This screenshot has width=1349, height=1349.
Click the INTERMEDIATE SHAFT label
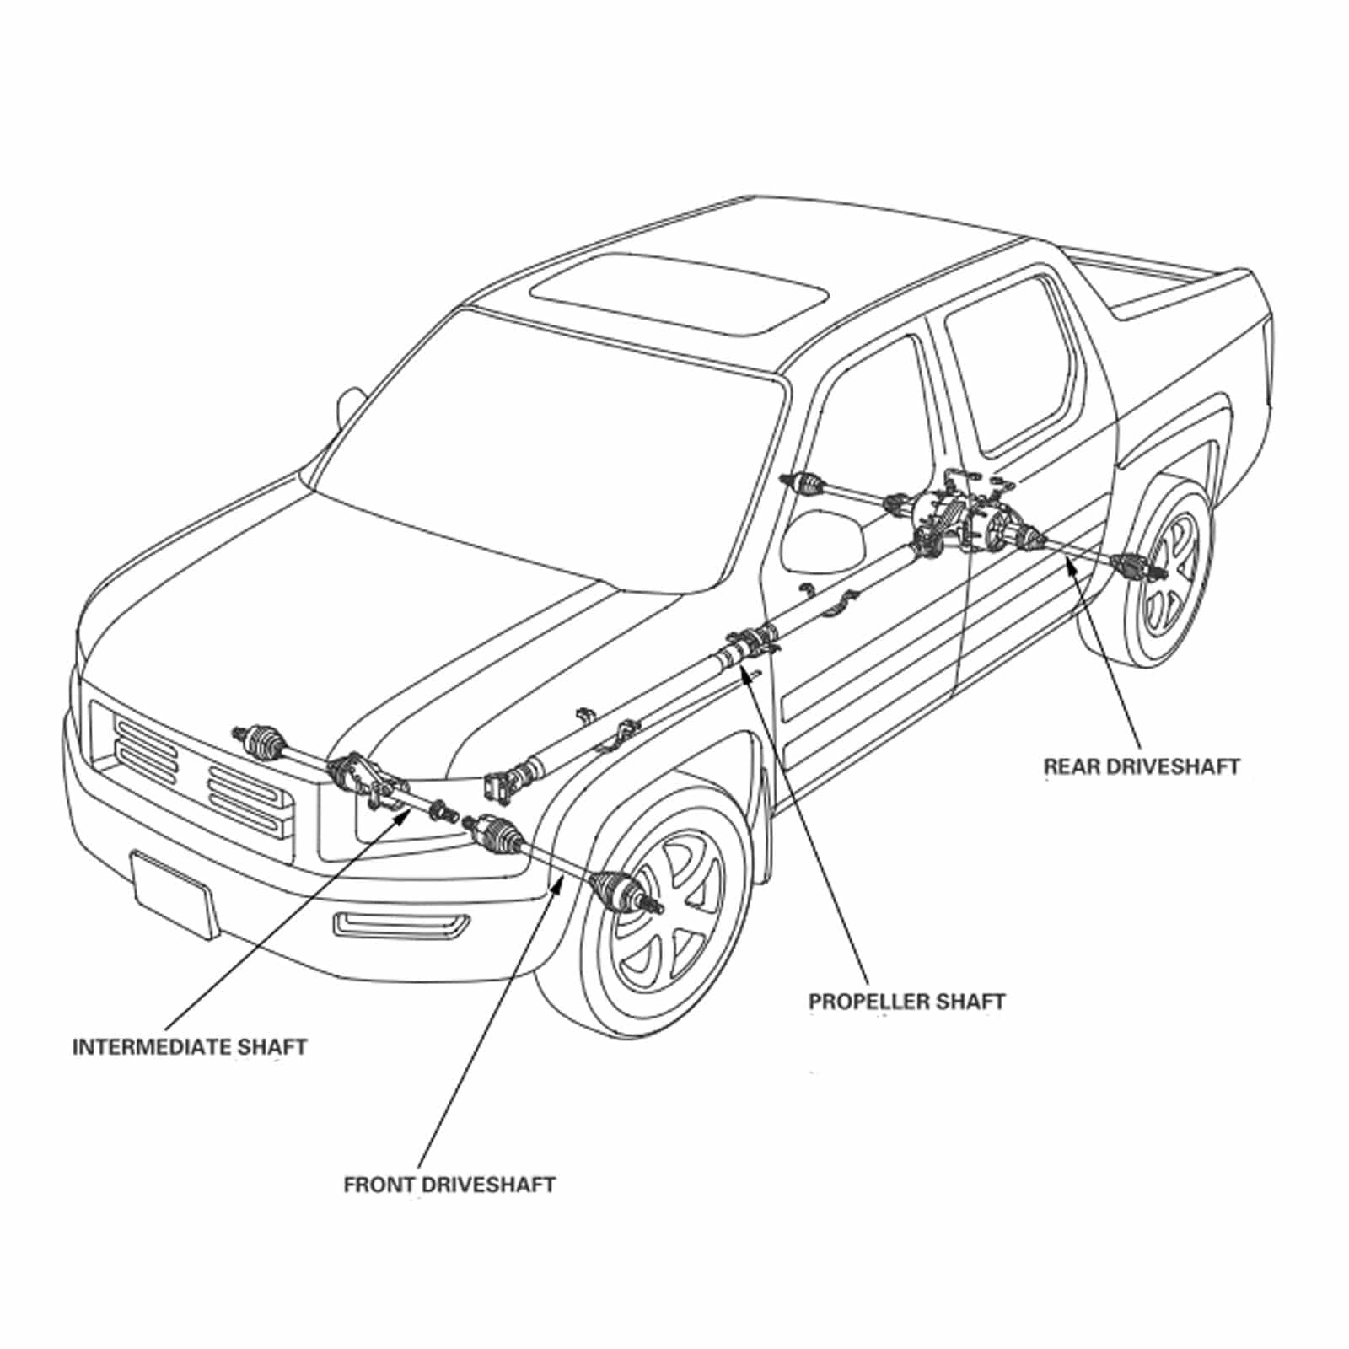[x=190, y=1047]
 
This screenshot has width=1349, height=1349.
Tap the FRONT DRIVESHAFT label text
[x=449, y=1185]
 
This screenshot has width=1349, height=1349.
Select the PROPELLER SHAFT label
[x=907, y=1002]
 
